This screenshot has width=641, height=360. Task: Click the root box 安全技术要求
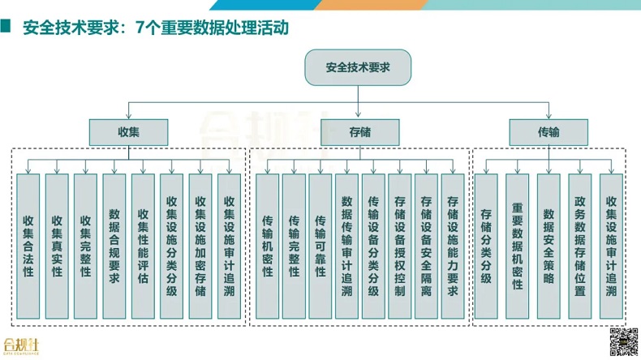pyautogui.click(x=358, y=67)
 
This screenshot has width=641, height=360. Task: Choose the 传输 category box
pyautogui.click(x=548, y=131)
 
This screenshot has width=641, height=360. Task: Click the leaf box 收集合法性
pyautogui.click(x=28, y=246)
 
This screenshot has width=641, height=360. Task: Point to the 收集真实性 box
pyautogui.click(x=57, y=246)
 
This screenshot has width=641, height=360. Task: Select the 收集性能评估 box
pyautogui.click(x=143, y=246)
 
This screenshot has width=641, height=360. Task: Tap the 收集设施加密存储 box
pyautogui.click(x=200, y=246)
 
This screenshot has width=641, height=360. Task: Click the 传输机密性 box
pyautogui.click(x=268, y=246)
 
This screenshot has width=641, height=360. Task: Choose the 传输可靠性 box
pyautogui.click(x=320, y=246)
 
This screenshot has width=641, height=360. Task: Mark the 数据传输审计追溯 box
pyautogui.click(x=346, y=246)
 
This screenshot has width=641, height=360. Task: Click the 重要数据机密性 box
pyautogui.click(x=518, y=246)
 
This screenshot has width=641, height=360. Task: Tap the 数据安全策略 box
pyautogui.click(x=549, y=246)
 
